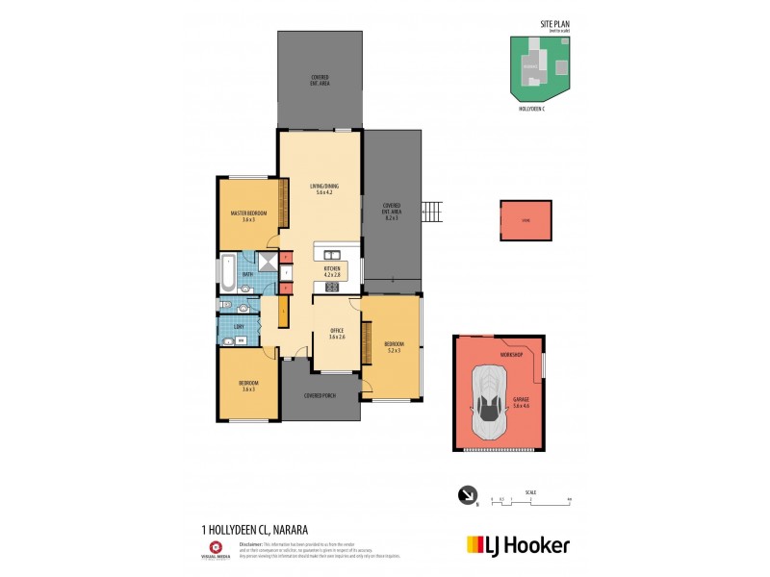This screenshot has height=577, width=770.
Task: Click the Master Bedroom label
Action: [248, 215]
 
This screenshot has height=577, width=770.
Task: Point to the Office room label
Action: [336, 333]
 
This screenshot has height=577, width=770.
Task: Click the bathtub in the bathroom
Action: [227, 274]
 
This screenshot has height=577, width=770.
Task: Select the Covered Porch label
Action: [319, 395]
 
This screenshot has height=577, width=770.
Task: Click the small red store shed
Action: [526, 221]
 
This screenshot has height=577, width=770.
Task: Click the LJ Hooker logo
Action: [517, 545]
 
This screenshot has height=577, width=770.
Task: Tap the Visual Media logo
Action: [215, 549]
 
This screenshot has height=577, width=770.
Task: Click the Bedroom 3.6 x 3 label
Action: [248, 387]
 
